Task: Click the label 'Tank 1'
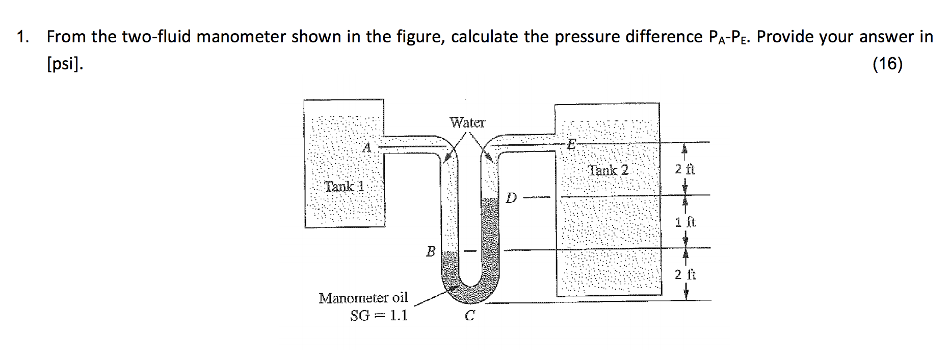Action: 345,187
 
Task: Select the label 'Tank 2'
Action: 608,170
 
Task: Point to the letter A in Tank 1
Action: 366,148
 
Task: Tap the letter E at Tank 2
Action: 571,144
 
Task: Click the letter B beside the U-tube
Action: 431,251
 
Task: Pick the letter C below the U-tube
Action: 469,316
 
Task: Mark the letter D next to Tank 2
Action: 511,198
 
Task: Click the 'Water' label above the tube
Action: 467,123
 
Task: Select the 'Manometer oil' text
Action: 363,298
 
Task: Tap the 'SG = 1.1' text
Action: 379,316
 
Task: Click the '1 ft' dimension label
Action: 685,222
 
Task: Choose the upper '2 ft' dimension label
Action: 685,169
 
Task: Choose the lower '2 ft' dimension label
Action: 685,275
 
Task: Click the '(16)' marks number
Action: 887,64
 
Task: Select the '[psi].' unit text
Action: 65,64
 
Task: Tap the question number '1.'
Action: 22,37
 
